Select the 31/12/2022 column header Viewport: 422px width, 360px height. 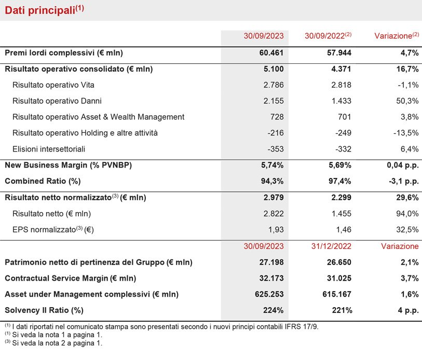(331, 246)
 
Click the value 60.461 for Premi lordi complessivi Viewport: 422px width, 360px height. (271, 53)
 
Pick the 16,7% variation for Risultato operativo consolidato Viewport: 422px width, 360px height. (407, 69)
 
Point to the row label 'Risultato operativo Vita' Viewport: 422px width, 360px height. (53, 85)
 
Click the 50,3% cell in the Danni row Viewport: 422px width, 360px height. (407, 101)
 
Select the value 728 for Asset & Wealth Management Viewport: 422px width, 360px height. (277, 117)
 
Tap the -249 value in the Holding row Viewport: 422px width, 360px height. (343, 133)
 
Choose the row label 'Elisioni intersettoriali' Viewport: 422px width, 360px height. (49, 149)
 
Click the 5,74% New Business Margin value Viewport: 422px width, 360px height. (272, 165)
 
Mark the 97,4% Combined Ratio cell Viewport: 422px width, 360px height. (339, 181)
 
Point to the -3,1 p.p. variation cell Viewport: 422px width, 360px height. (404, 182)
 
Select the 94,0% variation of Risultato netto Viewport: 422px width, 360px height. (407, 214)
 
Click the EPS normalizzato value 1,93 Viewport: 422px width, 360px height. (276, 230)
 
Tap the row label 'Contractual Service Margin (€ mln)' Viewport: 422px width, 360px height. (71, 278)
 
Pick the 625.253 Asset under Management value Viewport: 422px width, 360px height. (269, 294)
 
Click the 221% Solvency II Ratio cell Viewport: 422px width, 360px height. (342, 310)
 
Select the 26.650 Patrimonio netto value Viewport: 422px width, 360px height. (339, 262)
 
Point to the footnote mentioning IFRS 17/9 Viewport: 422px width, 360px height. (161, 327)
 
